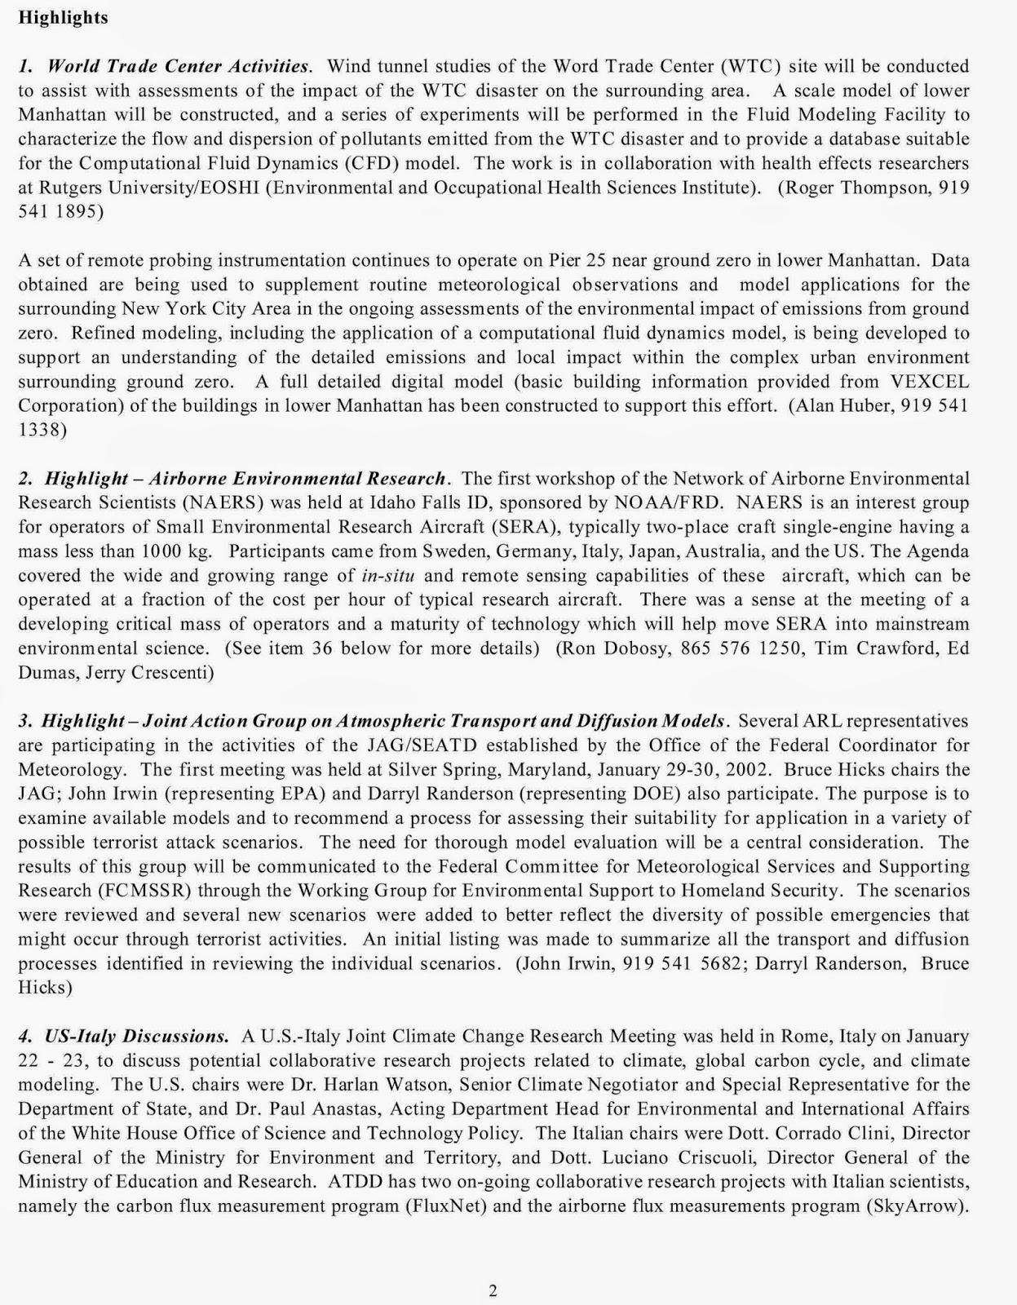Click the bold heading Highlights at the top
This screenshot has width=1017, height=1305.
[63, 17]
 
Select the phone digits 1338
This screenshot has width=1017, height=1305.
[42, 430]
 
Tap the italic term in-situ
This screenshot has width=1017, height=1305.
[388, 575]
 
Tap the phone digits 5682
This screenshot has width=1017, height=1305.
[723, 963]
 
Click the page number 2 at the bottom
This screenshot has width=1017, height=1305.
[493, 1290]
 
